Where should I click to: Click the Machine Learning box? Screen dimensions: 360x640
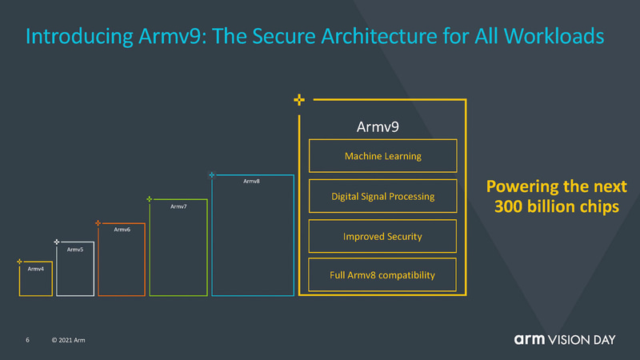pos(382,156)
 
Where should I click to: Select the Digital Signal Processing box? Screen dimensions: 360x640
pos(382,196)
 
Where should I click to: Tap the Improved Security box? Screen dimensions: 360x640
pos(382,236)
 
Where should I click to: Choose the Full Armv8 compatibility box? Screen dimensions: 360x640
pos(382,275)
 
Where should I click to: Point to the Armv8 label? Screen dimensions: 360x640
pos(251,182)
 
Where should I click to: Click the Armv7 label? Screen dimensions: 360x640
pos(178,206)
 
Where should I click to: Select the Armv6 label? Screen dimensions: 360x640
pos(122,230)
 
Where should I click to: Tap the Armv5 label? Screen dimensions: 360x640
pos(74,250)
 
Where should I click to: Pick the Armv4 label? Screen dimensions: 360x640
pos(35,269)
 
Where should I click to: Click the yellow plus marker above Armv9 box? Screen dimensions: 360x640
pos(298,100)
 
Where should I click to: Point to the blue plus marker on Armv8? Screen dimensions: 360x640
pos(211,174)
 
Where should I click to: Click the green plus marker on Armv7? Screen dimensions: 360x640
pos(150,198)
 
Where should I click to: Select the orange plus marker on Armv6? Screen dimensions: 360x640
pos(98,222)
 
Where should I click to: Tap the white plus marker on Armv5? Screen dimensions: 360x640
pos(56,241)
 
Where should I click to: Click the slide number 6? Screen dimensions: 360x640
pos(27,342)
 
